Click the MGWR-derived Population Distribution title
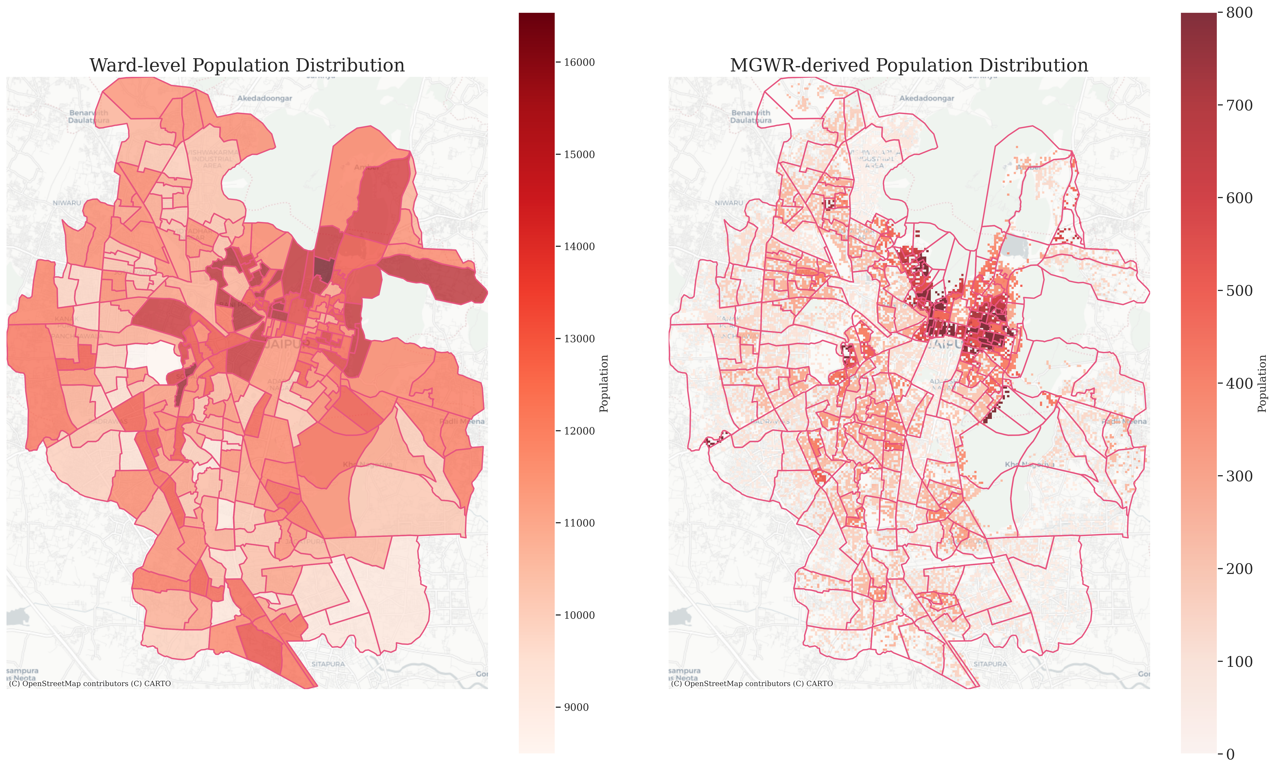pos(909,66)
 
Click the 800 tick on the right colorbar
pos(1239,13)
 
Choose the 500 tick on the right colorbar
pos(1239,291)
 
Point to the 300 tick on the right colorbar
pos(1239,476)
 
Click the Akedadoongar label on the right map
pos(926,98)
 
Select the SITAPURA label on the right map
pos(990,664)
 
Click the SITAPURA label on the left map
pos(328,664)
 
